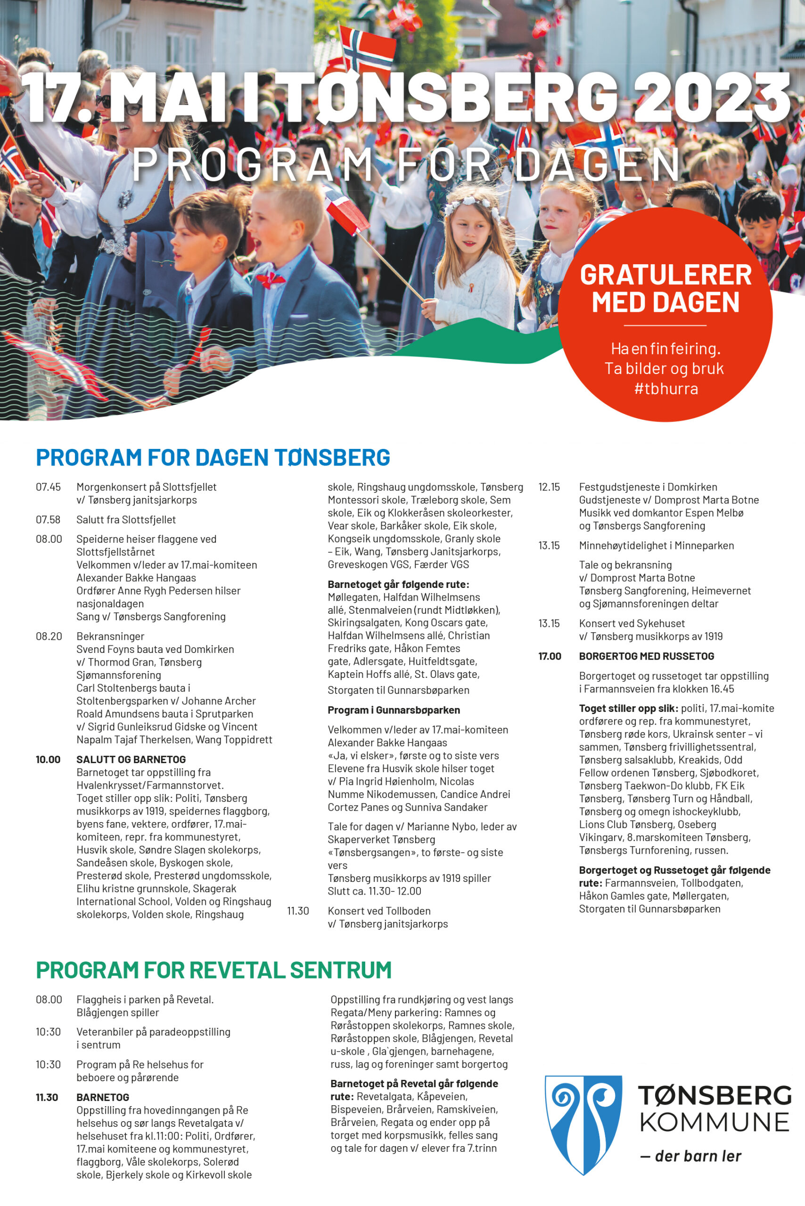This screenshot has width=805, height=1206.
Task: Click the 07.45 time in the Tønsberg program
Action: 48,487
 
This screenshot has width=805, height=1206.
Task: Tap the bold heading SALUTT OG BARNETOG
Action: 131,759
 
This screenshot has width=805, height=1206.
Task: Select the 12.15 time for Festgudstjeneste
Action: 549,487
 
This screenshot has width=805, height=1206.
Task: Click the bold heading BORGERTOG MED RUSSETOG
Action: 646,656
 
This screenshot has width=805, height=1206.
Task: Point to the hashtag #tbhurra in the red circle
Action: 666,389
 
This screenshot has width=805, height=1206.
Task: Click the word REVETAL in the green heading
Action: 243,970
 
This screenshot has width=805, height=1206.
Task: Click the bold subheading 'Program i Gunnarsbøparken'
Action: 394,710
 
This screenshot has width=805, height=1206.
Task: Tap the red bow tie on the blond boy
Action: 271,280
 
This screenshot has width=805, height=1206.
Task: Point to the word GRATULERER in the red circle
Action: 665,275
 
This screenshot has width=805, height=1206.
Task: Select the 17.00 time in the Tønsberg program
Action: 550,656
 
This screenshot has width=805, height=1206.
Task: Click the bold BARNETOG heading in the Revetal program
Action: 103,1098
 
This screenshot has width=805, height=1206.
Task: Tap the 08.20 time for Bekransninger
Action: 49,636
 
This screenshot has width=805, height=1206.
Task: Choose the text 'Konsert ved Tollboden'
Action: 379,911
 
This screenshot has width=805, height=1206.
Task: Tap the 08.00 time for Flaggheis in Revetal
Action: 49,1000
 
